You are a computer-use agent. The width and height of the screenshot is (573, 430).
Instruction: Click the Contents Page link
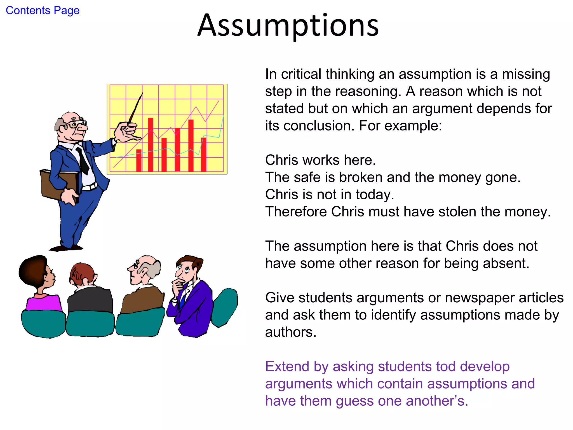43,11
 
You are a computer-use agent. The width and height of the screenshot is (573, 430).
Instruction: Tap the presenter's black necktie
83,161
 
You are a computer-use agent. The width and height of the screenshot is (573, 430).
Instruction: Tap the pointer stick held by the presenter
136,108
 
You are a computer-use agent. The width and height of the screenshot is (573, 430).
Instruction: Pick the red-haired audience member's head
83,274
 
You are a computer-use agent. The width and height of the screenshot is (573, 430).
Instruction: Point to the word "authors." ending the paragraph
291,332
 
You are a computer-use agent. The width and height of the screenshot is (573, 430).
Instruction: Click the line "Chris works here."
320,160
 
